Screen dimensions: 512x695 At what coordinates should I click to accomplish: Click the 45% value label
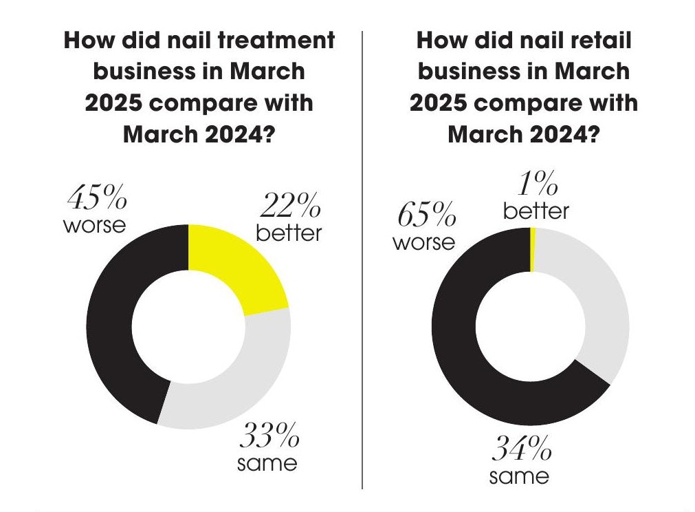click(x=97, y=200)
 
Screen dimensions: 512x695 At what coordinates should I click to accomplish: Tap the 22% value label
click(x=289, y=206)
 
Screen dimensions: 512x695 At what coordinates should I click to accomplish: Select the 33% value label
click(x=269, y=436)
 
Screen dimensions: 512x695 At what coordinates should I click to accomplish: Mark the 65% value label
click(x=426, y=216)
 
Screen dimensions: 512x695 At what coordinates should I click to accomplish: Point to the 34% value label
click(x=520, y=451)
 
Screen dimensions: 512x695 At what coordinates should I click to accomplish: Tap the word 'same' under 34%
click(x=519, y=476)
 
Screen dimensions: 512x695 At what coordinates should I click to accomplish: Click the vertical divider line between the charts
click(x=362, y=275)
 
